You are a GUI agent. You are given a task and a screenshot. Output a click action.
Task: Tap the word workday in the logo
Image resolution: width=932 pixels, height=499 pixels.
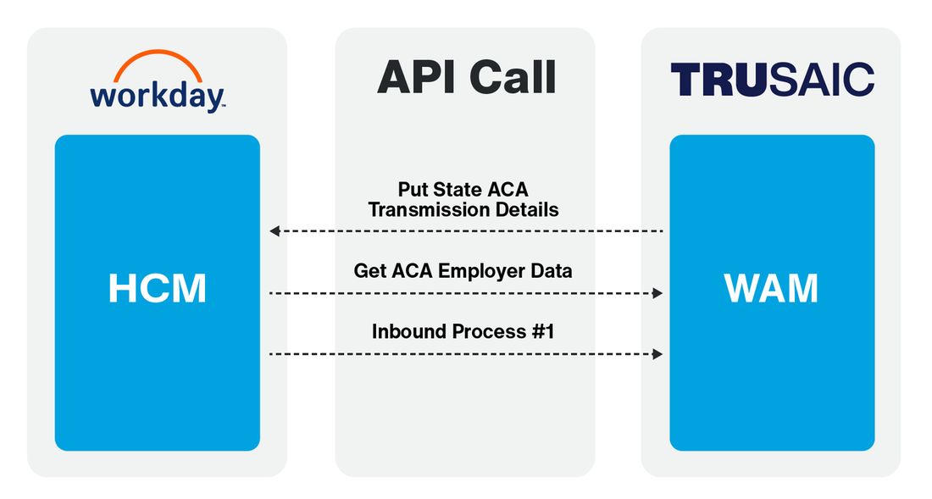157,94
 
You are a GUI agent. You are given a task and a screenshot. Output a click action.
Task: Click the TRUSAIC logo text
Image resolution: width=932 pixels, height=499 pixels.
771,80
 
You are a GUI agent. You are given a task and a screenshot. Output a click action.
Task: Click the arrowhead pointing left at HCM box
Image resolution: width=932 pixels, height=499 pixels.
274,230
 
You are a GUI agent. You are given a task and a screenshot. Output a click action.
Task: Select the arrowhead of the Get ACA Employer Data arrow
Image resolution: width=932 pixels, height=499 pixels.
657,293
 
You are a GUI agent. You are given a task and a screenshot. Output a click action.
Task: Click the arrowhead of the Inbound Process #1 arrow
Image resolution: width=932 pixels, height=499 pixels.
657,353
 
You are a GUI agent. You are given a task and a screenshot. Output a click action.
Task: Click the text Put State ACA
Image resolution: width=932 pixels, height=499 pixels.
463,189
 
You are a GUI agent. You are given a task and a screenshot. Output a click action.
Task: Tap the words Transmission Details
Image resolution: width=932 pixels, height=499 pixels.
463,209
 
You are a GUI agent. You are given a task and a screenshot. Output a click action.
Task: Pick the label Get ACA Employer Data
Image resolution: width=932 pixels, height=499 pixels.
463,271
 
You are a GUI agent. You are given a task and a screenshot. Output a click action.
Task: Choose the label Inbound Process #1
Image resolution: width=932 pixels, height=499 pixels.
463,331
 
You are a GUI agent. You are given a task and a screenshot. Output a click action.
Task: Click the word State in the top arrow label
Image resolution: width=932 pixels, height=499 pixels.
458,189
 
